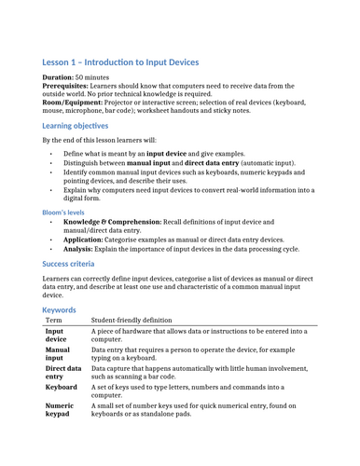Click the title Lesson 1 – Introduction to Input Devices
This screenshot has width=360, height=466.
[x=120, y=62]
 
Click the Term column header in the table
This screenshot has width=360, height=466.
[x=54, y=320]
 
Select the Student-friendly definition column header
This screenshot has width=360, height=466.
[x=136, y=320]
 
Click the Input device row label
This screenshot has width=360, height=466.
[x=55, y=336]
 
